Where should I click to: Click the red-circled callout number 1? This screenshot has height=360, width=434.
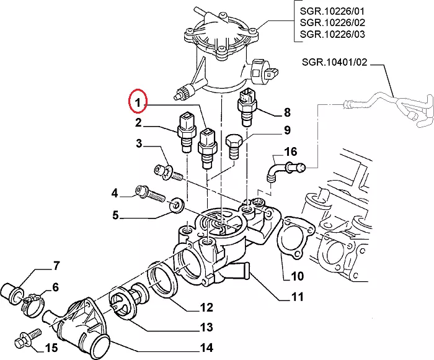tap(138, 101)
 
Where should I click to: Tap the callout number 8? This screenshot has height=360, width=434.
tap(286, 112)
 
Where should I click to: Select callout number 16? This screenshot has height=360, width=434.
tap(290, 151)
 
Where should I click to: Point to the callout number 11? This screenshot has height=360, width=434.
tap(297, 297)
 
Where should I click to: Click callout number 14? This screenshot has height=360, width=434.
tap(206, 347)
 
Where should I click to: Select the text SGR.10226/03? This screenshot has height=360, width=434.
tap(332, 34)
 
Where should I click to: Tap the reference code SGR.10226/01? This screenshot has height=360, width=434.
tap(332, 10)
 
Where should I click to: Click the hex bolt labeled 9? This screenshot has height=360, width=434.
tap(234, 146)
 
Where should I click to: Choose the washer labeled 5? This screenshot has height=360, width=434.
tap(178, 202)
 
